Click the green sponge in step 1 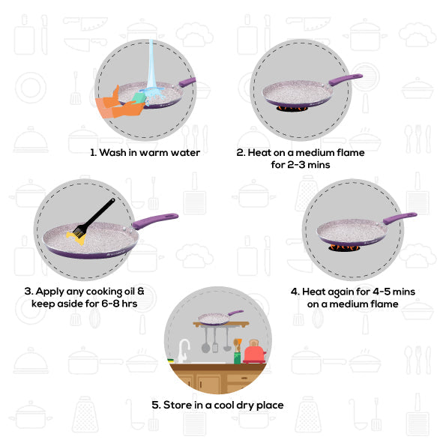coord(139,98)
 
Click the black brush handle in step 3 coord(99,214)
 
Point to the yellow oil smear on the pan coord(76,238)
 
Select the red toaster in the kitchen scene coord(254,352)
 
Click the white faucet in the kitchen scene coord(184,351)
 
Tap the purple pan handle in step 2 coord(346,79)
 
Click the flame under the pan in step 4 coord(344,247)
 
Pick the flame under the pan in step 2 coord(292,108)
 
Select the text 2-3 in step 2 coord(298,165)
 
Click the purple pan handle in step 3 coord(155,220)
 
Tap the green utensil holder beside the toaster coord(237,358)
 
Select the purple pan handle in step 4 coord(400,218)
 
